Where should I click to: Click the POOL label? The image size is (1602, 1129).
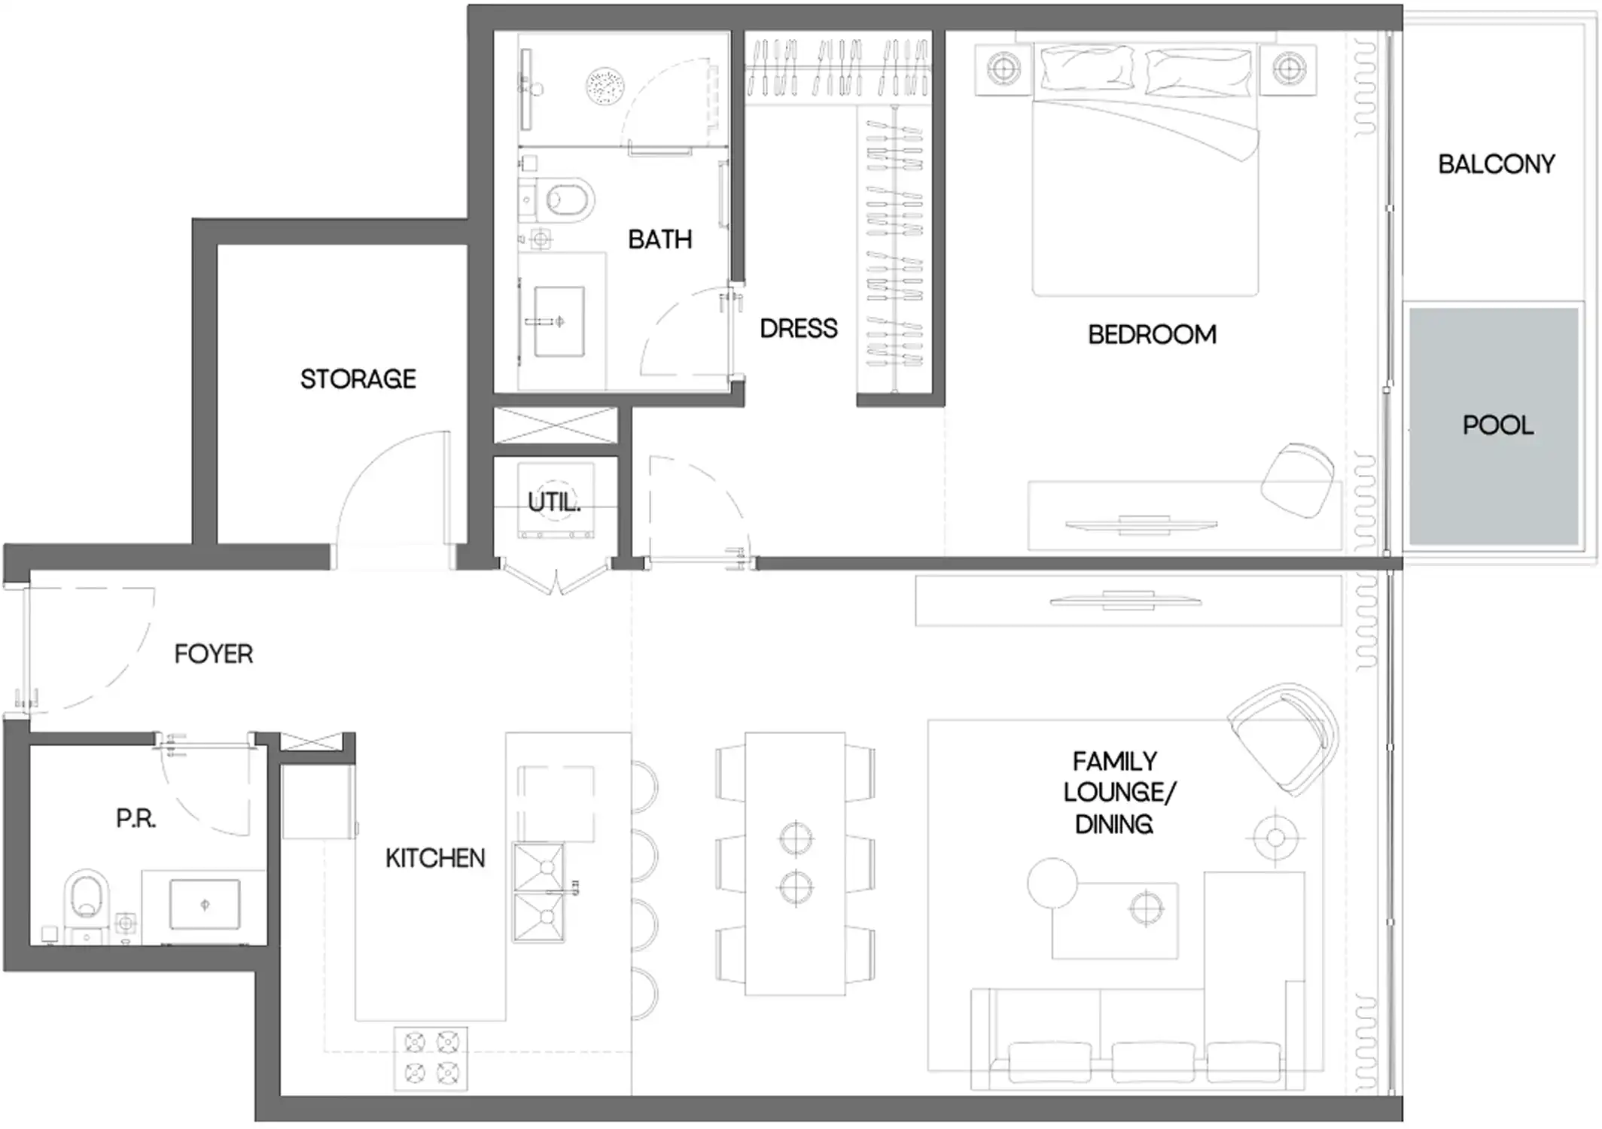tap(1497, 426)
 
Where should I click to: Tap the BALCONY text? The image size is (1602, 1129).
tap(1496, 165)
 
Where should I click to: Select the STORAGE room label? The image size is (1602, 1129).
tap(358, 379)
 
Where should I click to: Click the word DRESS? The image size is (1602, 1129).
tap(798, 329)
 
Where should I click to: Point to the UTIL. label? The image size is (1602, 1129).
tap(554, 502)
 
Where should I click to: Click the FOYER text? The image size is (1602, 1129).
tap(213, 654)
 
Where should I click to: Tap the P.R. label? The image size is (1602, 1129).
tap(136, 819)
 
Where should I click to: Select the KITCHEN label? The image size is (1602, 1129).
tap(435, 859)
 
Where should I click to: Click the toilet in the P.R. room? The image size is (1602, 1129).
tap(85, 896)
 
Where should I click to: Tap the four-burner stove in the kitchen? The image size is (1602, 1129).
tap(431, 1057)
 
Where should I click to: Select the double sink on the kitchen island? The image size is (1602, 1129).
tap(539, 893)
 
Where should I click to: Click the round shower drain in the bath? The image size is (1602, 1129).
tap(605, 87)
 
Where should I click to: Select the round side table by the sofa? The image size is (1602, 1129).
tap(1052, 883)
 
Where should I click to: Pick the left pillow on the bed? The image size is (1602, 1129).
tap(1087, 68)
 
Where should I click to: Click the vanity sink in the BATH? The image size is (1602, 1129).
tap(559, 321)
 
